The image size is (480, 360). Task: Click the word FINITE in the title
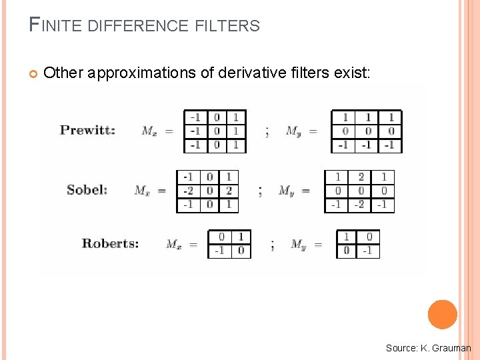pos(56,26)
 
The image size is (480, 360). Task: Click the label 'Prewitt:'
pos(87,130)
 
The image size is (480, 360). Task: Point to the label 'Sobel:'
pos(87,190)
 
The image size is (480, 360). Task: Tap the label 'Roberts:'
pos(110,243)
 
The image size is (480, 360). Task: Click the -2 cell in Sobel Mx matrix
pos(189,191)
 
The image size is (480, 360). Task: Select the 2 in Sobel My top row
pos(361,177)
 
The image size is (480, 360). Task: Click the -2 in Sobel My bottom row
pos(360,205)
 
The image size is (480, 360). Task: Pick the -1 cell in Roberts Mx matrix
pos(219,251)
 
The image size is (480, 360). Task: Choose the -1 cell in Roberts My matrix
pos(368,251)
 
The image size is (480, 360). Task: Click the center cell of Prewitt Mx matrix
pos(217,131)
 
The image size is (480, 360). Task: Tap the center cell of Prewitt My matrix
pos(367,131)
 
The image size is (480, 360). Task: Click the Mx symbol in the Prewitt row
pos(149,131)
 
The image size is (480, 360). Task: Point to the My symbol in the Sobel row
pos(286,191)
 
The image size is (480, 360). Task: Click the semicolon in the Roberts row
pos(272,245)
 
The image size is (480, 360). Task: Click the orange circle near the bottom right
pos(443,314)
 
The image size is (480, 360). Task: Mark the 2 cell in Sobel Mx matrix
pos(229,191)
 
